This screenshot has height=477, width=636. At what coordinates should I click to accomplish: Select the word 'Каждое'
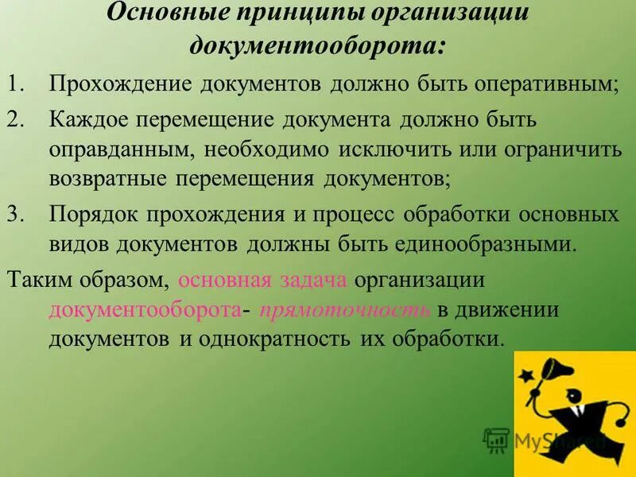(x=90, y=120)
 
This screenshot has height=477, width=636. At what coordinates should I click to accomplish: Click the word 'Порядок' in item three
(x=90, y=215)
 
